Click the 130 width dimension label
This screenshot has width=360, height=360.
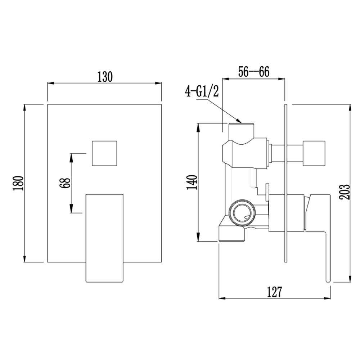105,77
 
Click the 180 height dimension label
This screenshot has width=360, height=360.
19,184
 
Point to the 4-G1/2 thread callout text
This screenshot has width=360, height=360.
202,92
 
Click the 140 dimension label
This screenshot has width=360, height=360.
192,182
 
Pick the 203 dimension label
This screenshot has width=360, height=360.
345,192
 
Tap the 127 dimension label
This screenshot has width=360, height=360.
274,292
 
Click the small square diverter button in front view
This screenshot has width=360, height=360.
104,153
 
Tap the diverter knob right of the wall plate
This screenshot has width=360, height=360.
314,153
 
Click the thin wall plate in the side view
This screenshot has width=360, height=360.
285,183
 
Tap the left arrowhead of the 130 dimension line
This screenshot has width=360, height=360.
50,83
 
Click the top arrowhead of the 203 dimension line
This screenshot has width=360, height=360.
350,108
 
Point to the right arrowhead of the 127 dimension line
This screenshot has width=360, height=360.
327,298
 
